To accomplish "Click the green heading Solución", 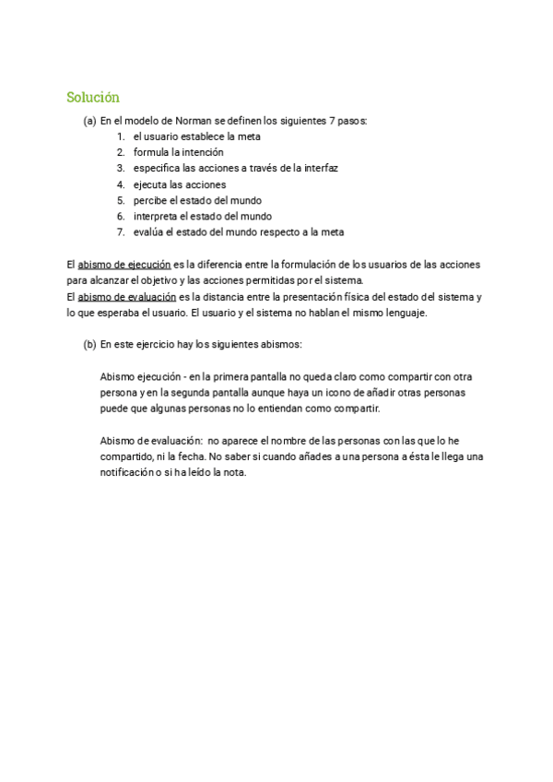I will click(93, 97).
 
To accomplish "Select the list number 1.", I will click(120, 136).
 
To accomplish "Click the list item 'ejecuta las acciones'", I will click(179, 184).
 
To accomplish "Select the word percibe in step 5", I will click(150, 200).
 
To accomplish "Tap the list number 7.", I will click(120, 231).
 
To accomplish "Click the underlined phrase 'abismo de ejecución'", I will click(124, 265).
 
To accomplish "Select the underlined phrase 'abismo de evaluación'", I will click(126, 297).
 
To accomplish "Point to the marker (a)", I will click(89, 121).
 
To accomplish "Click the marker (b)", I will click(89, 344).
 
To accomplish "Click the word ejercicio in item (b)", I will click(152, 344).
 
